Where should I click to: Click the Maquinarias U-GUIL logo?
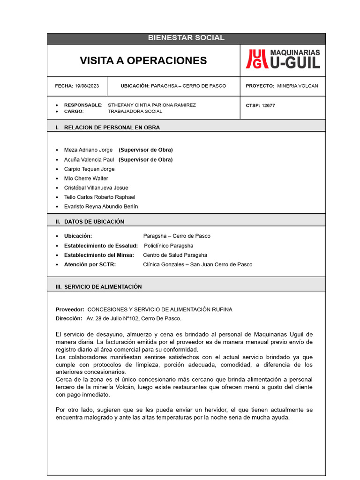point(283,60)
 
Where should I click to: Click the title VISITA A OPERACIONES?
point(143,60)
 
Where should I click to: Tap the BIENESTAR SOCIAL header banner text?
point(186,38)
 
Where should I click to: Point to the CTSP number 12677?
point(268,105)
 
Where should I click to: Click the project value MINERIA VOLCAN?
point(297,86)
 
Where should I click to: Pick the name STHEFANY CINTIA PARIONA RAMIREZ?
point(152,105)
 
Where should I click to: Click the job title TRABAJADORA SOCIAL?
point(135,112)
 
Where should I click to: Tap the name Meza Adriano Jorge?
point(88,150)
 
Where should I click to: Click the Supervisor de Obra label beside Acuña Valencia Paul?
point(145,160)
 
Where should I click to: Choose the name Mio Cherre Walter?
point(86,179)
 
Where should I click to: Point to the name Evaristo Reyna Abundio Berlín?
point(101,207)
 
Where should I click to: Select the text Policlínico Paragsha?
point(168,246)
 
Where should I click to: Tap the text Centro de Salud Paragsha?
point(175,255)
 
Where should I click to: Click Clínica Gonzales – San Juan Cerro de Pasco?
point(197,265)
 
